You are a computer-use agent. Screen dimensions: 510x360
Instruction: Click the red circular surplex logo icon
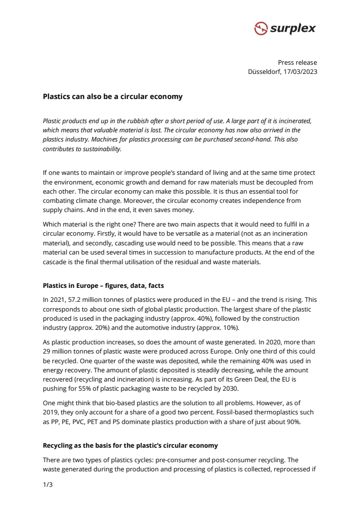261,28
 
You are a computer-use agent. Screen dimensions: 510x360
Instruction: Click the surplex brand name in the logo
293,28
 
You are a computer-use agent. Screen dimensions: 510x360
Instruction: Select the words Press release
297,62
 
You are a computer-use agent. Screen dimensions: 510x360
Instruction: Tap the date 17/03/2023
301,71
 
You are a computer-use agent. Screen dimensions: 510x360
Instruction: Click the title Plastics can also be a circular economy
112,97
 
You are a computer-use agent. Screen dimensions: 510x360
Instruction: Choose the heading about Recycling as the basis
130,445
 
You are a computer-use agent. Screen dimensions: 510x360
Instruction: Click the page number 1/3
47,484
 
